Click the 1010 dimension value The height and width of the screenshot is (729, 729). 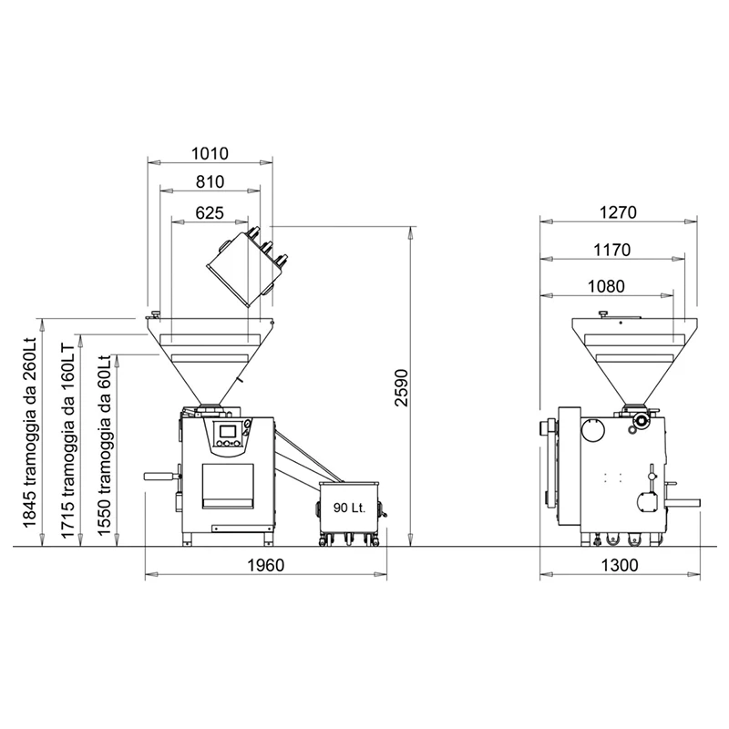[210, 153]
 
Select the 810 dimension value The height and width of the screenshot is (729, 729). [210, 181]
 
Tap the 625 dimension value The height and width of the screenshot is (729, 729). [210, 213]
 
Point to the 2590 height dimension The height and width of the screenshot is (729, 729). [401, 388]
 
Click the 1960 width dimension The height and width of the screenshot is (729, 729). [265, 565]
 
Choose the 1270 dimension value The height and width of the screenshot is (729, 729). [618, 212]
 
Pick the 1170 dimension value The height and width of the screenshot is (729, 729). [612, 250]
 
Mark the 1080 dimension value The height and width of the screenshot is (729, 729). [606, 286]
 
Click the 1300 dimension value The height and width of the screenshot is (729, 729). [620, 565]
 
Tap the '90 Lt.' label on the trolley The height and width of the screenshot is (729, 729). [350, 508]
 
